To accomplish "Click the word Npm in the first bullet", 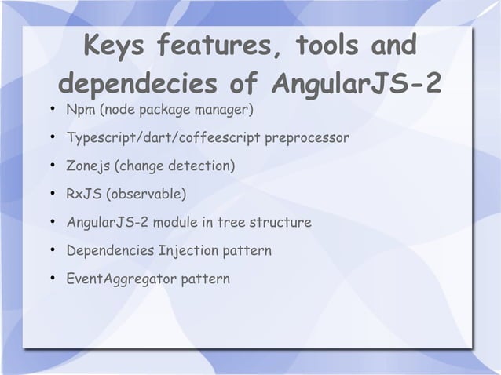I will click(80, 107).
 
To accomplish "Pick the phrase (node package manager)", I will click(174, 107).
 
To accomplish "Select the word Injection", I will click(191, 251).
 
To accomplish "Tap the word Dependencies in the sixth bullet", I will click(110, 251).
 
